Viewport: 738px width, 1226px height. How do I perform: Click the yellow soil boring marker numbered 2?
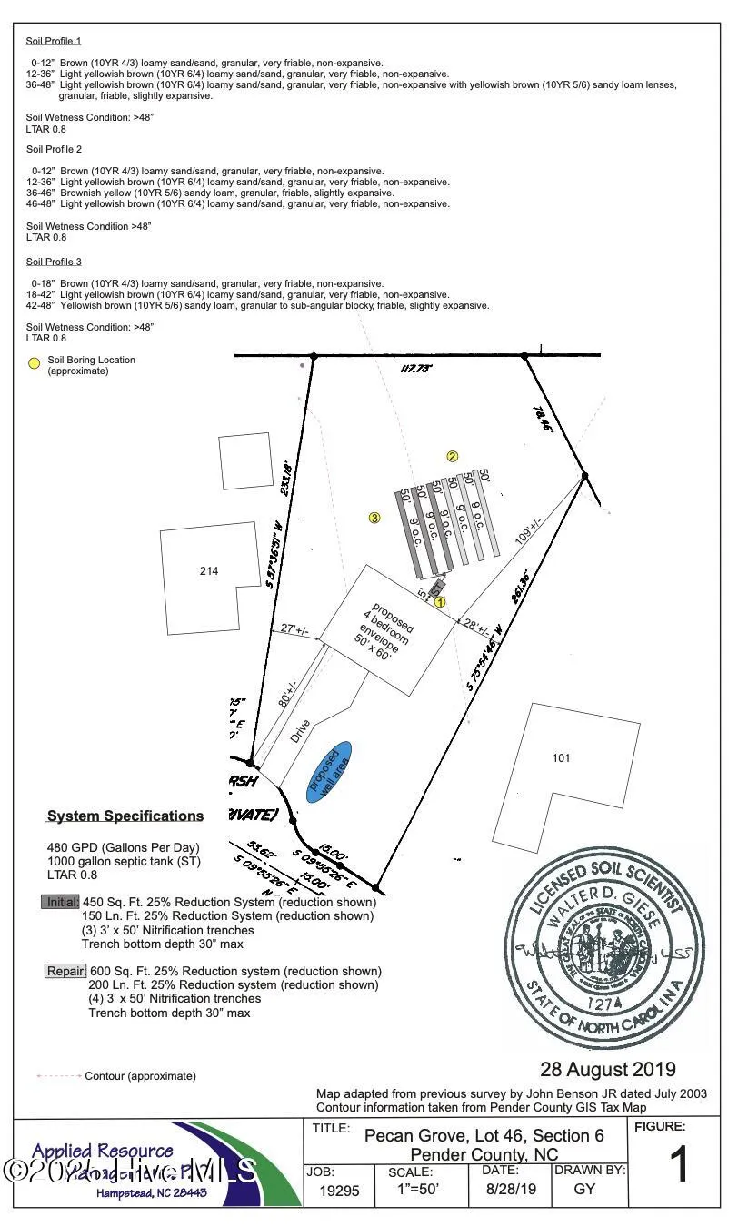pos(452,456)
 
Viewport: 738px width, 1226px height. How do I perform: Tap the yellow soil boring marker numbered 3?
pos(374,518)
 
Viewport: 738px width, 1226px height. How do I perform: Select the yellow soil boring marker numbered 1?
pos(440,601)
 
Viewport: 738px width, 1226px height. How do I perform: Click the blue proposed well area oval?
pos(328,771)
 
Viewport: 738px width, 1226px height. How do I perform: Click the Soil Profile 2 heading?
pos(54,149)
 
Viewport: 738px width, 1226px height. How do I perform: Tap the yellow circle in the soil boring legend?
pos(34,363)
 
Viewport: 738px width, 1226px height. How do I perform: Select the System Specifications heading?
pos(125,816)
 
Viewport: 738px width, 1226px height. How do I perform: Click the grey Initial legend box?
pos(60,902)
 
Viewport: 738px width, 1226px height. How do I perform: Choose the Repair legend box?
pos(65,971)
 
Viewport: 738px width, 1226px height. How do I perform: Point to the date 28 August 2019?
pos(607,1069)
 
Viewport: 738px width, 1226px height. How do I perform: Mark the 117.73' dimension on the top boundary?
pos(417,369)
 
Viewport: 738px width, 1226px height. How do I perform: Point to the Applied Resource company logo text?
pos(102,1152)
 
